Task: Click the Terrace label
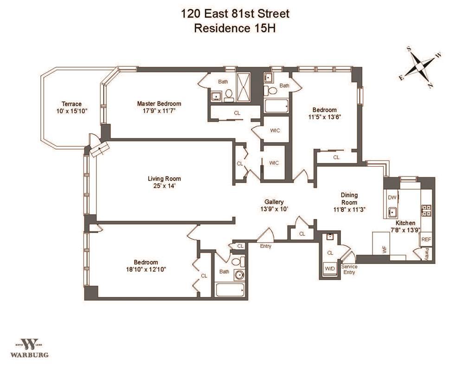click(71, 104)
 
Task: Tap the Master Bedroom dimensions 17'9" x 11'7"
click(160, 111)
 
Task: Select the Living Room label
click(164, 179)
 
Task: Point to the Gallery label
click(274, 202)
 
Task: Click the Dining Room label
click(349, 199)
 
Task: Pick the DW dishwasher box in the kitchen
click(392, 198)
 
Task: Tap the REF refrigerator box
click(426, 239)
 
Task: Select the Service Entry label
click(349, 270)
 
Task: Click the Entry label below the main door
click(266, 246)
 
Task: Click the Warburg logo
click(30, 348)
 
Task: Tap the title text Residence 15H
click(235, 28)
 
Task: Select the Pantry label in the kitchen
click(427, 254)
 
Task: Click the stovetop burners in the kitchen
click(427, 210)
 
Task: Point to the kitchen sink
click(392, 212)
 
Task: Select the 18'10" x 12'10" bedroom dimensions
click(146, 269)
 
